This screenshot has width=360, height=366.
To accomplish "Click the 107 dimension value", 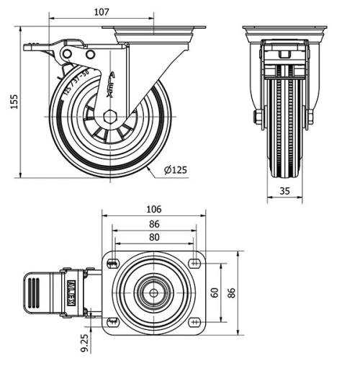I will (x=102, y=12).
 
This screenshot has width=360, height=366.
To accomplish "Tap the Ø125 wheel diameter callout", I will (x=176, y=170).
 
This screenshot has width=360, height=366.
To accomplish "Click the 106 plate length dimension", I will (x=153, y=209).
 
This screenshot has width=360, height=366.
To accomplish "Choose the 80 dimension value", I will (x=154, y=236).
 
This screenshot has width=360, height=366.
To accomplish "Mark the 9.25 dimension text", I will (x=85, y=342).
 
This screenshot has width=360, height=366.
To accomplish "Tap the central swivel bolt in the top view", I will (x=154, y=293).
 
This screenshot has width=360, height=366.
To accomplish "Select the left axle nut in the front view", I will (x=256, y=116).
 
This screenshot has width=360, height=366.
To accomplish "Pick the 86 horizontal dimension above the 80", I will (x=154, y=224).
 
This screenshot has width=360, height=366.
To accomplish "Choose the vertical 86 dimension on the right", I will (x=233, y=292).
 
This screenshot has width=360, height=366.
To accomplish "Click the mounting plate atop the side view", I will (x=154, y=32).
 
